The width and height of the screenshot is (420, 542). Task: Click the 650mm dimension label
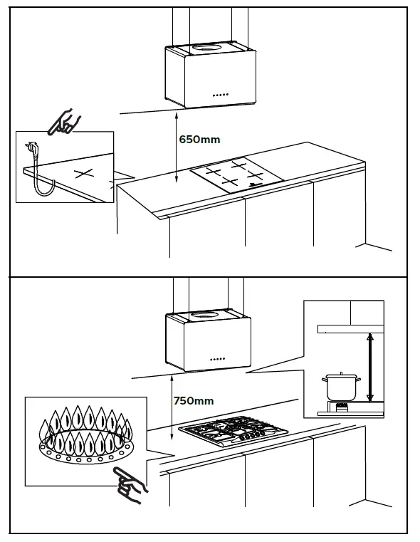[x=201, y=140]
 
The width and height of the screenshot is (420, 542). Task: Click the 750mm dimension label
[x=194, y=401]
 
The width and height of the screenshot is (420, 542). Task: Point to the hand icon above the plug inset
[x=64, y=121]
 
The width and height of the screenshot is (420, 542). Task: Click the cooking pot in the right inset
[x=340, y=387]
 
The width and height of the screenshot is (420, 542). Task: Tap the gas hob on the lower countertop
[x=234, y=431]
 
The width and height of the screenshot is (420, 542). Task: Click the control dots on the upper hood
[x=220, y=95]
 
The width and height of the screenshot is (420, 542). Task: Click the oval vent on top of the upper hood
[x=207, y=48]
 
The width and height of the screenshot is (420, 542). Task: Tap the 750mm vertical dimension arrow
[x=171, y=410]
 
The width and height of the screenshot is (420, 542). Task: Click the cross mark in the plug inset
[x=85, y=174]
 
